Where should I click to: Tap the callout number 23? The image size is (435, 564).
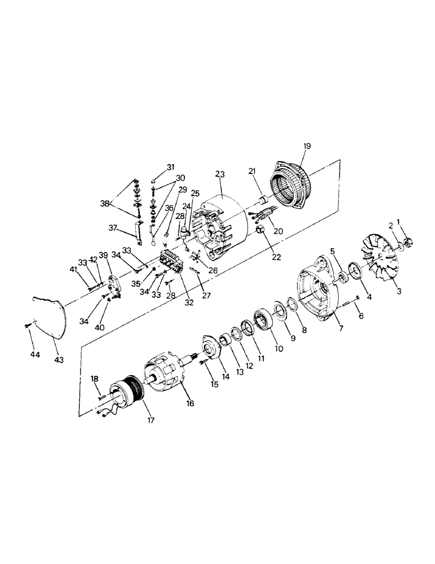[x=219, y=174]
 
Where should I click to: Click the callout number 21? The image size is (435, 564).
[x=252, y=171]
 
